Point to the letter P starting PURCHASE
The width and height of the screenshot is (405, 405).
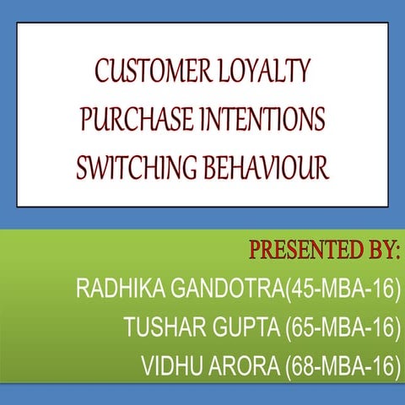click(88, 121)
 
